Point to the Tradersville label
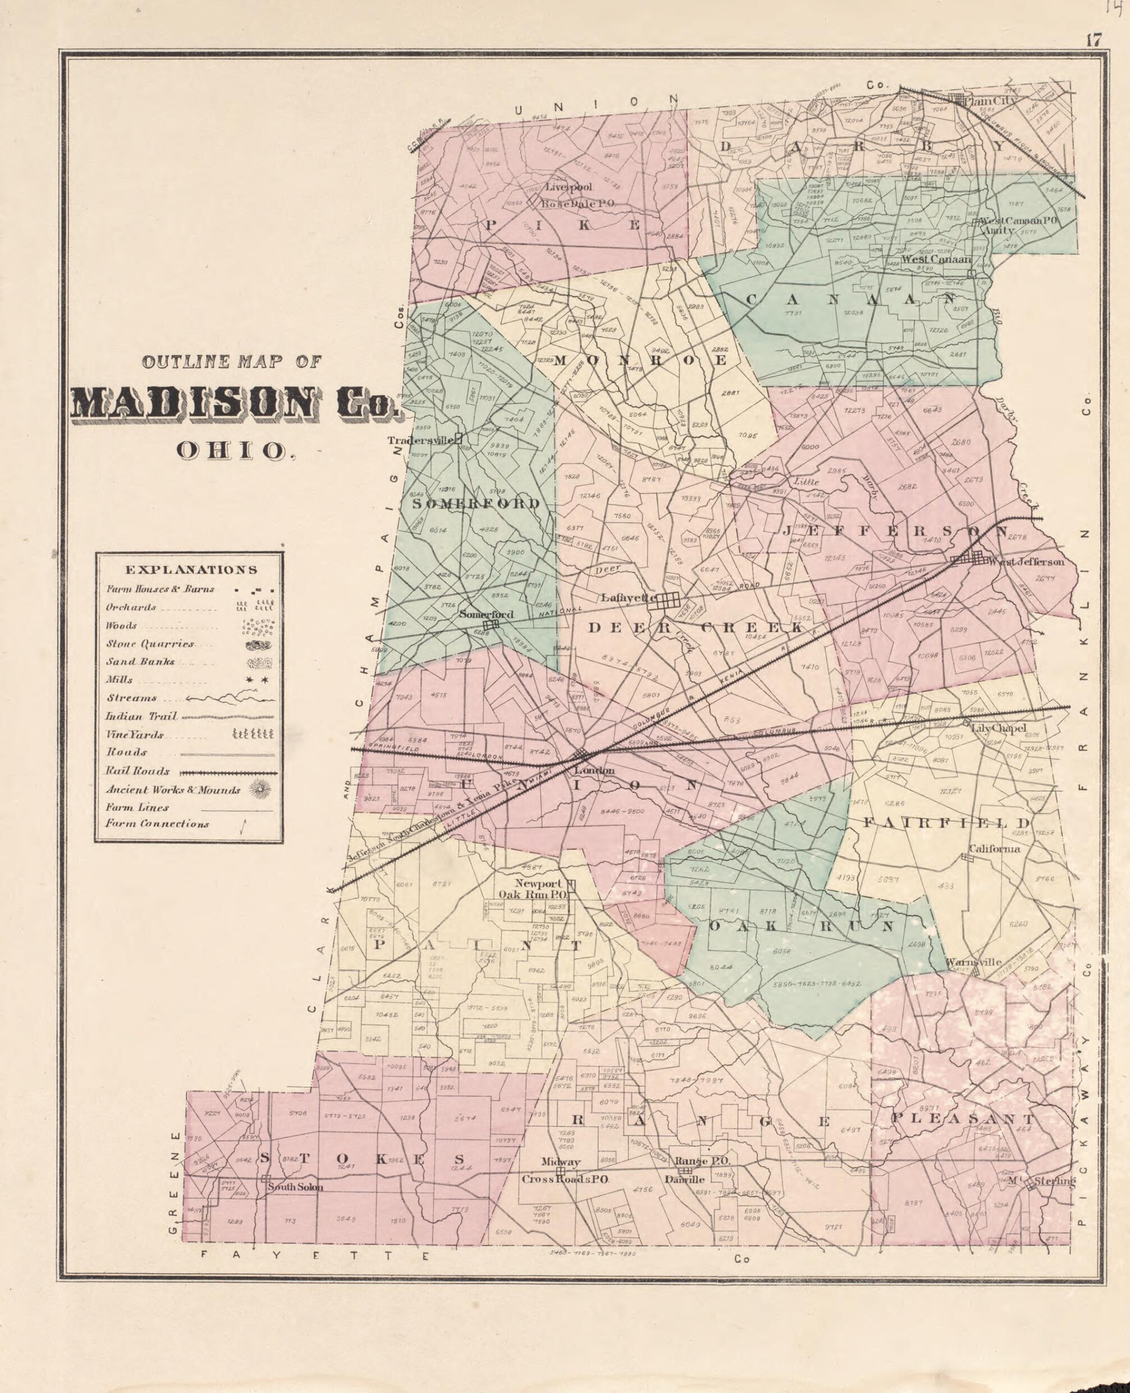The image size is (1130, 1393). click(x=420, y=440)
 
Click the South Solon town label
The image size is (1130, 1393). click(x=295, y=1187)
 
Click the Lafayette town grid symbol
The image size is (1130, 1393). click(x=668, y=600)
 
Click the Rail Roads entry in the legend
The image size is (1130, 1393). click(x=138, y=771)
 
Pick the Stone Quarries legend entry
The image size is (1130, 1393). click(x=150, y=643)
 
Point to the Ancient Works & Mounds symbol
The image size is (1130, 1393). click(x=262, y=790)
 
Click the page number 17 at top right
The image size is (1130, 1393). click(x=1093, y=40)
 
